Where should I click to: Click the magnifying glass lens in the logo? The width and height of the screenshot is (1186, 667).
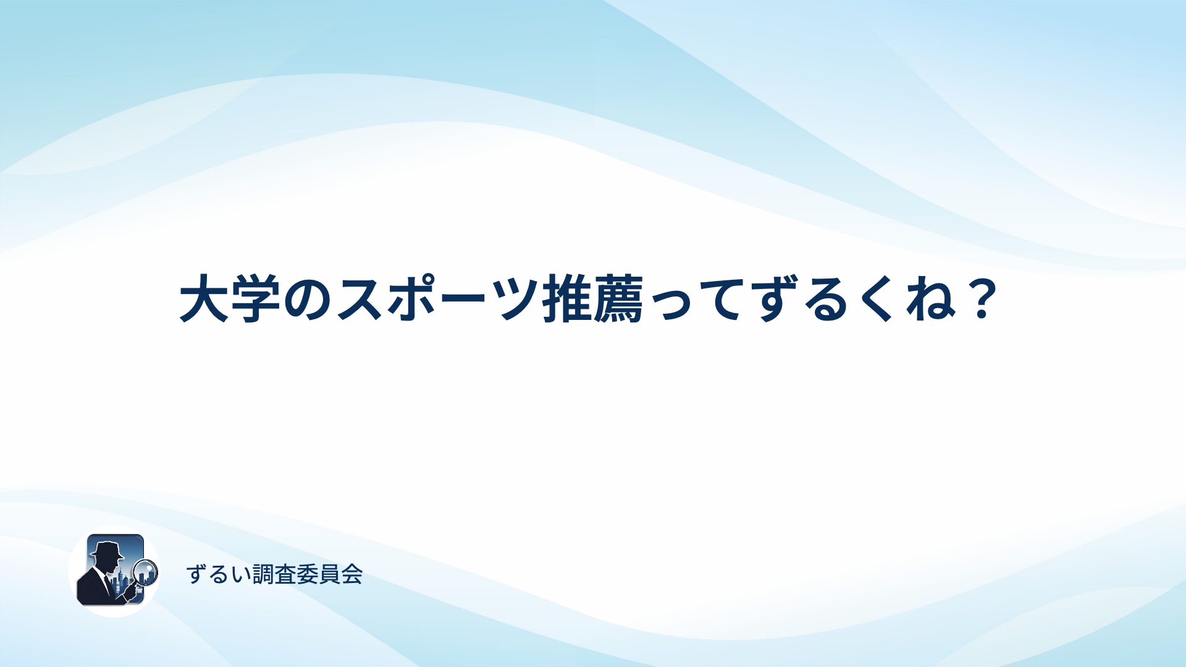pyautogui.click(x=146, y=572)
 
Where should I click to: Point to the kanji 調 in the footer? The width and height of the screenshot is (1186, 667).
pyautogui.click(x=264, y=574)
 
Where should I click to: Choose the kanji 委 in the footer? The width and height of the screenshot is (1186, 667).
pyautogui.click(x=308, y=574)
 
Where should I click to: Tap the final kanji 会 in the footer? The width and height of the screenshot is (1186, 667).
pyautogui.click(x=351, y=574)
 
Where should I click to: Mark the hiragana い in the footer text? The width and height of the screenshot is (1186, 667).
pyautogui.click(x=242, y=575)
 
